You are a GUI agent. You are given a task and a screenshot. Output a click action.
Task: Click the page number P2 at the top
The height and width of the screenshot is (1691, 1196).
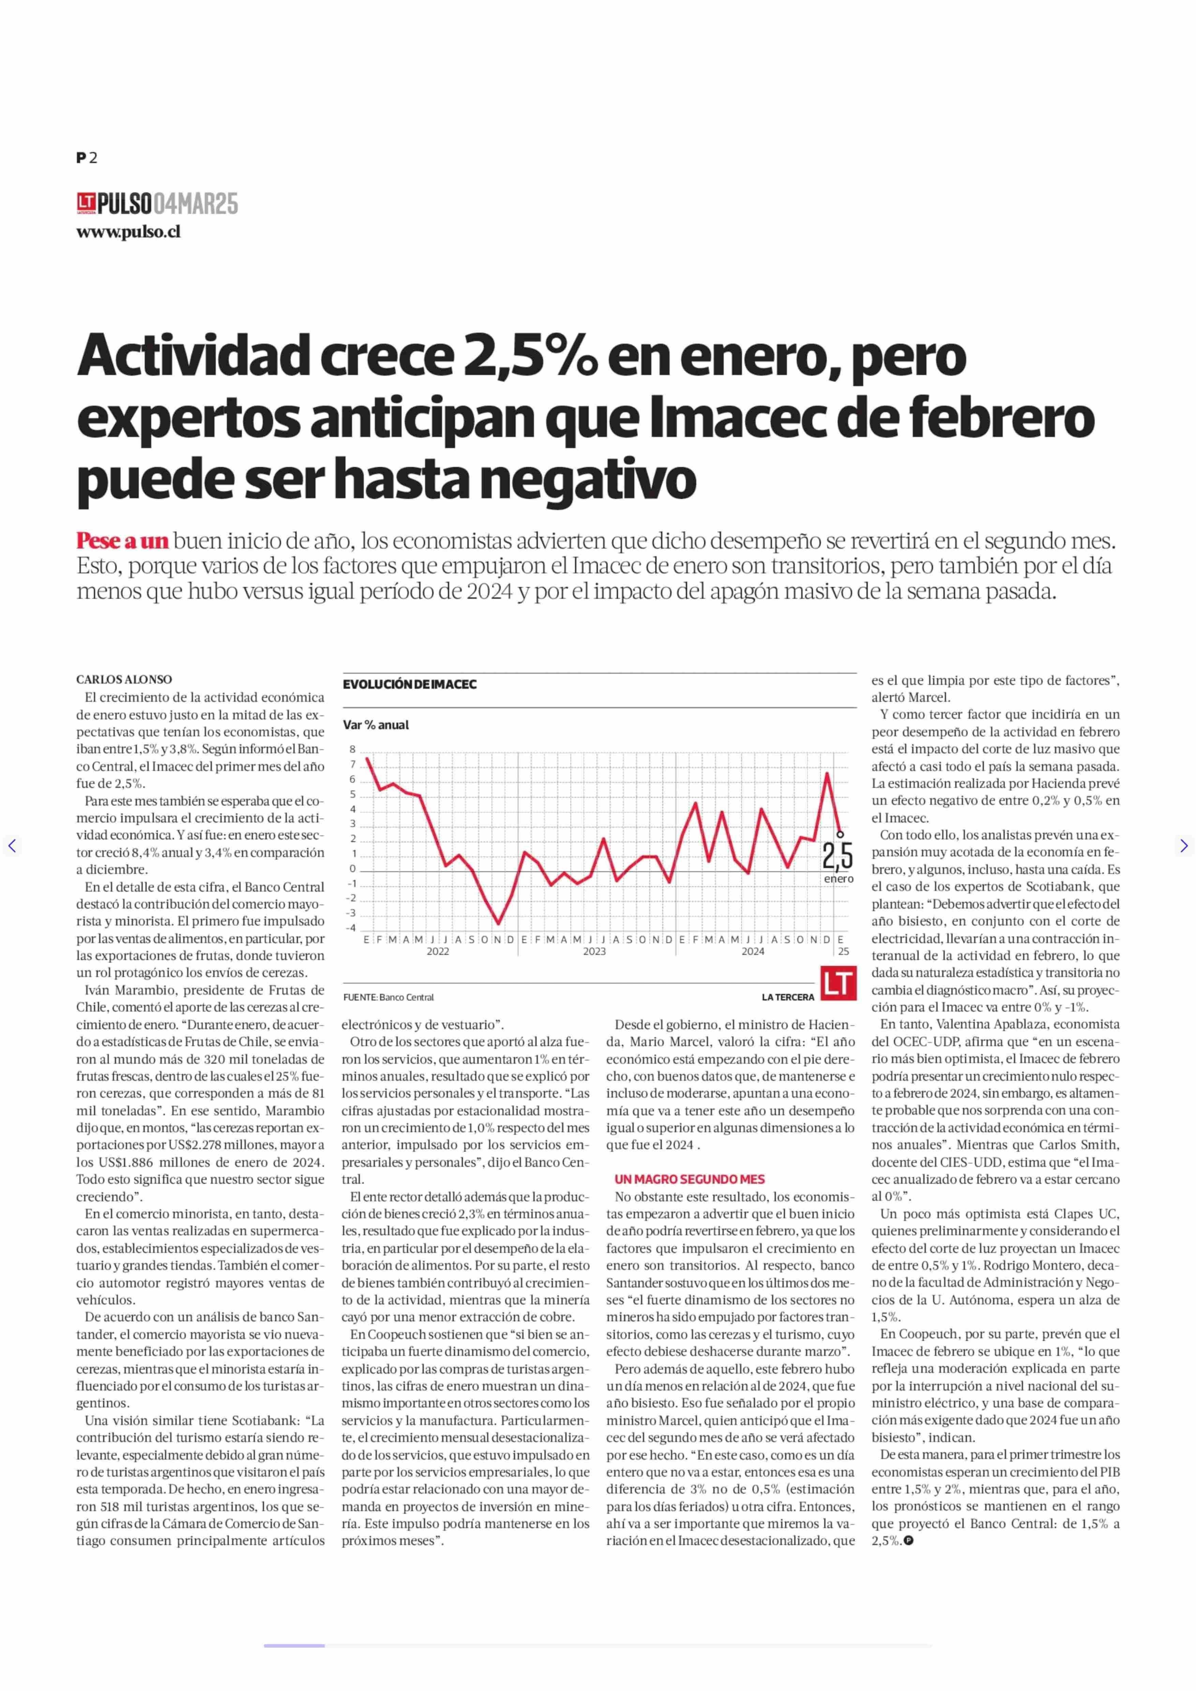[87, 158]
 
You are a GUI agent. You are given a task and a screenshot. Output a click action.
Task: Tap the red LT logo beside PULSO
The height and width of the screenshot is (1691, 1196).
[86, 203]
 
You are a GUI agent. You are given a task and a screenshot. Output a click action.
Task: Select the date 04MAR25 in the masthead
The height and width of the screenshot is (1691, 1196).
[196, 203]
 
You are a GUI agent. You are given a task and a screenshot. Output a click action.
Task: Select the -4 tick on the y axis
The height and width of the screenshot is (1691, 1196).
[351, 928]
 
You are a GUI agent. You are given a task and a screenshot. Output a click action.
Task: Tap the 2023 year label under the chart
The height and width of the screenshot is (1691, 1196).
[594, 951]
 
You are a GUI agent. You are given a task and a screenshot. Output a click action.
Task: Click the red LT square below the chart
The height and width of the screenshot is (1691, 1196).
[839, 984]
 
